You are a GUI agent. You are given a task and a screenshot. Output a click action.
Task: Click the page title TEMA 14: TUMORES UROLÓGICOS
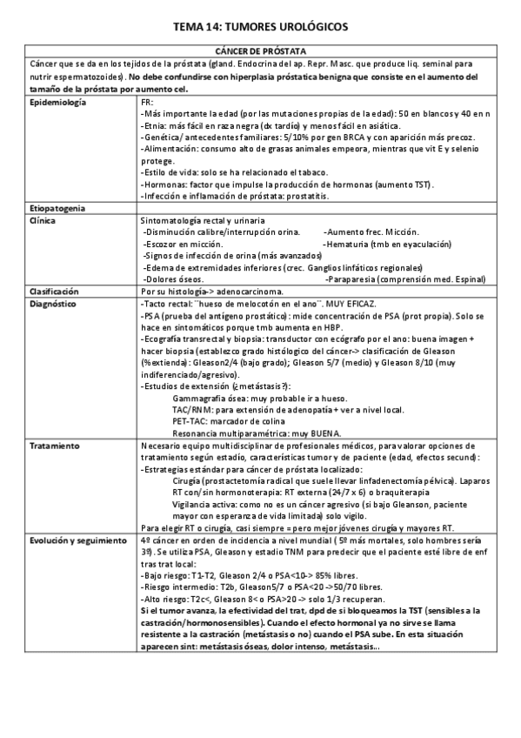click(x=260, y=27)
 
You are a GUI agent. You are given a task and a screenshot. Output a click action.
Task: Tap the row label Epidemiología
click(x=57, y=103)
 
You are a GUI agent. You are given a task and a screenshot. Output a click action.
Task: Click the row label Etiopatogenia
click(x=57, y=210)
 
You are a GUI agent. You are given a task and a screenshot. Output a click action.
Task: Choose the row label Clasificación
click(x=54, y=291)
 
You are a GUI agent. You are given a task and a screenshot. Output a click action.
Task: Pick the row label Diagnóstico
click(x=53, y=302)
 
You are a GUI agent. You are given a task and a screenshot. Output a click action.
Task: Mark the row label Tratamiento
click(x=55, y=446)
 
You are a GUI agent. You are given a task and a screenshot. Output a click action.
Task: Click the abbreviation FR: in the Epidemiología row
click(x=146, y=103)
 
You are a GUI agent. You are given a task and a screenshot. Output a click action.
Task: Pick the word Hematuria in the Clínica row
click(x=344, y=245)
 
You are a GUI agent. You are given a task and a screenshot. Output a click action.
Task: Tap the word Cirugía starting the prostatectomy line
click(x=189, y=480)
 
